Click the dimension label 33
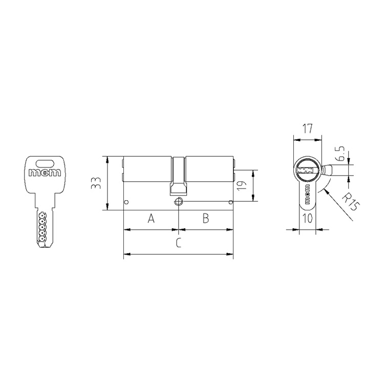click(x=96, y=183)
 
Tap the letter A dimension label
click(x=152, y=219)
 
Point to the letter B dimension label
click(x=206, y=219)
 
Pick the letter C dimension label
click(x=179, y=243)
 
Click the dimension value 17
click(x=308, y=129)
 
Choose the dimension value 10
click(x=308, y=218)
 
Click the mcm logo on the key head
click(x=45, y=173)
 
